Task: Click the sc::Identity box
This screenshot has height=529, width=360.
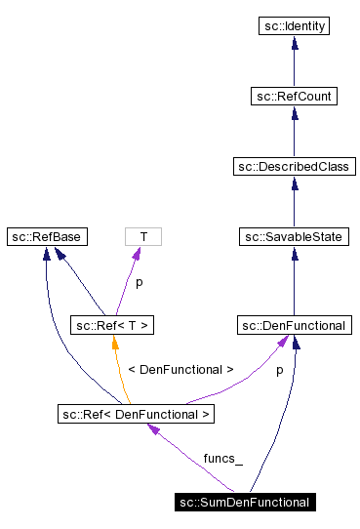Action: (294, 26)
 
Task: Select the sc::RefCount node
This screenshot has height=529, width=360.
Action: (294, 97)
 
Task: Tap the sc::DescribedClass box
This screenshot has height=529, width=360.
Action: (294, 167)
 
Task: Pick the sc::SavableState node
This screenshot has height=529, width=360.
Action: (294, 237)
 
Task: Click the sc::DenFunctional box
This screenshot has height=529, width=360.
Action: (294, 325)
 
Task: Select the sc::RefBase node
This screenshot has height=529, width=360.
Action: (46, 237)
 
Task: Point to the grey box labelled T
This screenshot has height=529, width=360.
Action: (143, 237)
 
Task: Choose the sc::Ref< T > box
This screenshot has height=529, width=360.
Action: (112, 325)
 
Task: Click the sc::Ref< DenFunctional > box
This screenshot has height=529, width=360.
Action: (135, 414)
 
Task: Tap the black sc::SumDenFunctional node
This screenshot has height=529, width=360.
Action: (244, 503)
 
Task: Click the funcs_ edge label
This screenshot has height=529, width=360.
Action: (222, 458)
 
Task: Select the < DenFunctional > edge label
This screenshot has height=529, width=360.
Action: (180, 370)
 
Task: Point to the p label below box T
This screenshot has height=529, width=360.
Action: (138, 282)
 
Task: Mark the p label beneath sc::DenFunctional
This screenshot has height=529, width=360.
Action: (279, 370)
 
